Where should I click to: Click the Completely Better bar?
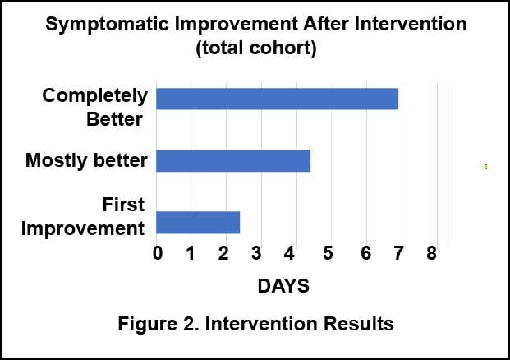[x=277, y=99]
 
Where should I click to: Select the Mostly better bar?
[x=233, y=160]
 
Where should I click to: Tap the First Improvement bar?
[x=198, y=223]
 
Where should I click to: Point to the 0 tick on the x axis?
[x=158, y=253]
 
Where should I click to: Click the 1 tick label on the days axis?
[x=191, y=253]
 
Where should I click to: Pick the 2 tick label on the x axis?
[x=223, y=253]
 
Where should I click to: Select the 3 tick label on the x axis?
[x=256, y=253]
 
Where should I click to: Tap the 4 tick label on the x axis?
[x=289, y=253]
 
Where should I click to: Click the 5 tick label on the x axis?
[x=328, y=253]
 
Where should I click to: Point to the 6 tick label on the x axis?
[x=366, y=253]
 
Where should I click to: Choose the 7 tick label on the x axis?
[x=399, y=253]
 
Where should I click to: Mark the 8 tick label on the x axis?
[x=432, y=253]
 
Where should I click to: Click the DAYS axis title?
[x=283, y=286]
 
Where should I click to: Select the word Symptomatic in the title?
[x=107, y=25]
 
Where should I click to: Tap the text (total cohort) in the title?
[x=256, y=48]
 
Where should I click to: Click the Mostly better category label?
[x=86, y=160]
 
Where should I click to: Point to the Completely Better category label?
[x=95, y=108]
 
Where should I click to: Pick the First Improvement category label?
[x=83, y=216]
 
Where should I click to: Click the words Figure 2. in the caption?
[x=159, y=324]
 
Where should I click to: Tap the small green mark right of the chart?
[x=485, y=167]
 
